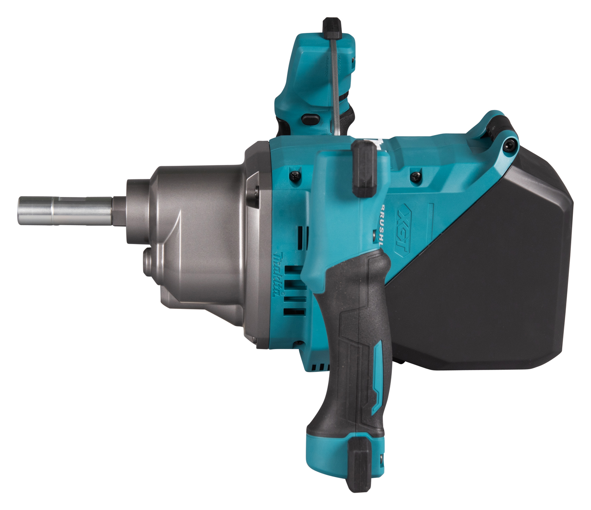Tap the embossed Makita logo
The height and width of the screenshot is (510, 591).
point(280,274)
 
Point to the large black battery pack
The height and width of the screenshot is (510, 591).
point(484,263)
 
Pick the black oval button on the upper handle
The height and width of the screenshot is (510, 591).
point(311,119)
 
